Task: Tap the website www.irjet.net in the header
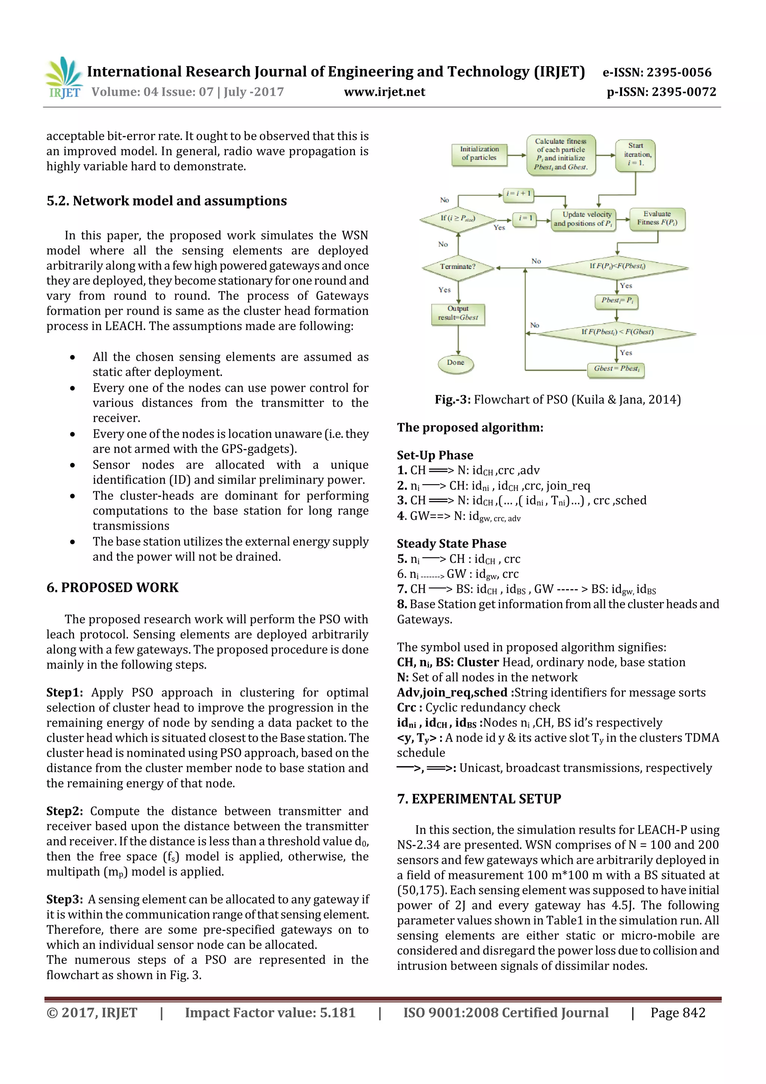click(384, 92)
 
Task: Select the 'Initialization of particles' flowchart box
click(479, 153)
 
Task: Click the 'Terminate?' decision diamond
click(458, 267)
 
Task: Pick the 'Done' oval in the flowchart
click(456, 363)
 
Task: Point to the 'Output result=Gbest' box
click(458, 313)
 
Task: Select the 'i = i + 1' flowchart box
click(518, 193)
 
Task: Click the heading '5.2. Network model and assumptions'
click(166, 201)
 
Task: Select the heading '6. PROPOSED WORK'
click(112, 588)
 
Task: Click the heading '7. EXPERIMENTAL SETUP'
click(479, 799)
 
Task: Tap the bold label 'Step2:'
click(64, 811)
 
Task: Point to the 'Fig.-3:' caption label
click(452, 400)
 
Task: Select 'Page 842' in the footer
click(677, 1013)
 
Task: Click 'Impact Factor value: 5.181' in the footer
click(270, 1013)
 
